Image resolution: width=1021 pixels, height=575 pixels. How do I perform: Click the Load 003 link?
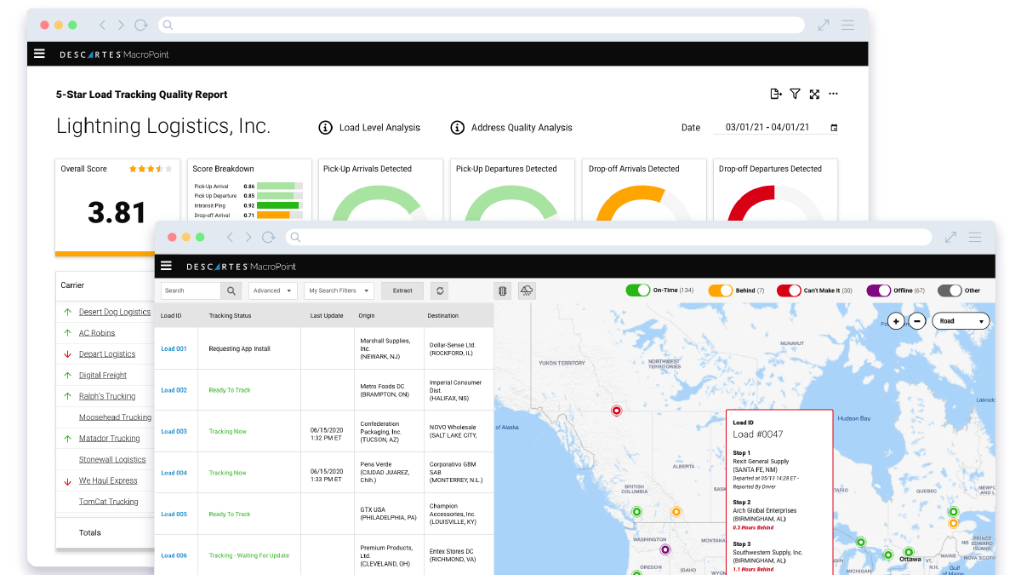(x=174, y=432)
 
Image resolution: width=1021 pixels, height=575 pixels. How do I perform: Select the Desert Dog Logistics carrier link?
(x=114, y=312)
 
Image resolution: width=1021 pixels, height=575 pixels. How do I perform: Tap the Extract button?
(x=402, y=290)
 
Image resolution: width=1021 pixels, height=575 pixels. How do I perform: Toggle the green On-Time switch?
(x=638, y=290)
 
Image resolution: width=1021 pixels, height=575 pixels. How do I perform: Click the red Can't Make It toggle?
(x=789, y=290)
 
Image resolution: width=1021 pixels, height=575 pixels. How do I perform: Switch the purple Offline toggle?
(x=878, y=290)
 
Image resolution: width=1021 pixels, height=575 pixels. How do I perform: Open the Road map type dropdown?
(x=961, y=321)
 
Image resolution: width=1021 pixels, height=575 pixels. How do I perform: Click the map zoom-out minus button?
(x=917, y=321)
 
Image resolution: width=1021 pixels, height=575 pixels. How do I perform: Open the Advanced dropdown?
(x=272, y=290)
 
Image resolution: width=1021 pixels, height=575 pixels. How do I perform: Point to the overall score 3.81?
(x=117, y=212)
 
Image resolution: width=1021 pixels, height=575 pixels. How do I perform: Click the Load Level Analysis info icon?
(x=325, y=128)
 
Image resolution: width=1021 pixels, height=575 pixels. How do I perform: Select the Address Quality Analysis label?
(x=522, y=128)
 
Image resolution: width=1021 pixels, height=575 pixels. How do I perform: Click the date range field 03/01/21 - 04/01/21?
(x=779, y=128)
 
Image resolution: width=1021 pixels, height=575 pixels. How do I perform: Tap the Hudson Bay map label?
(x=855, y=418)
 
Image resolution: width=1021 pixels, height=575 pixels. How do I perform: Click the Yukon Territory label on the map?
(x=562, y=363)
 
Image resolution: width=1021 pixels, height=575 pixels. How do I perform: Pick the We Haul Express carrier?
(x=108, y=480)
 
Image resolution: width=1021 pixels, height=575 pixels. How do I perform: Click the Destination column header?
(x=442, y=316)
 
